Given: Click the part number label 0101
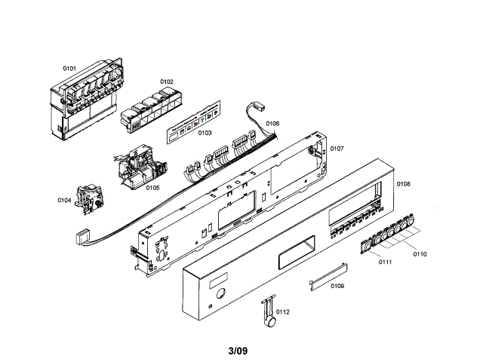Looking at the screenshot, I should click(x=69, y=69).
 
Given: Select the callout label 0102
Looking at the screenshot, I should click(x=166, y=81).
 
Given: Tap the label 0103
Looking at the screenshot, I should click(x=204, y=133).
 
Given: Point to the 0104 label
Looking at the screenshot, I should click(x=64, y=200).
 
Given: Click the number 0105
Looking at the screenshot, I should click(x=152, y=187).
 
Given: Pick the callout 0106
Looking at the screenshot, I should click(x=272, y=123).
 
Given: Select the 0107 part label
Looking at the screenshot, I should click(x=337, y=149).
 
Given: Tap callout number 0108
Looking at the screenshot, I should click(x=404, y=184).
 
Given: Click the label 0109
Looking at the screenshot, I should click(x=337, y=286).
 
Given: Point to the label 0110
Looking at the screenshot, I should click(x=420, y=254).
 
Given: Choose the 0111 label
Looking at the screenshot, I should click(x=385, y=262).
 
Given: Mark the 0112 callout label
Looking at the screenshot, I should click(x=283, y=311).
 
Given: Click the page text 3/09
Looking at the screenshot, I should click(x=238, y=350).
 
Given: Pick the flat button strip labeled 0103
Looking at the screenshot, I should click(x=192, y=123).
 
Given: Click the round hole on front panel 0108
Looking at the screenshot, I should click(x=220, y=294).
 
